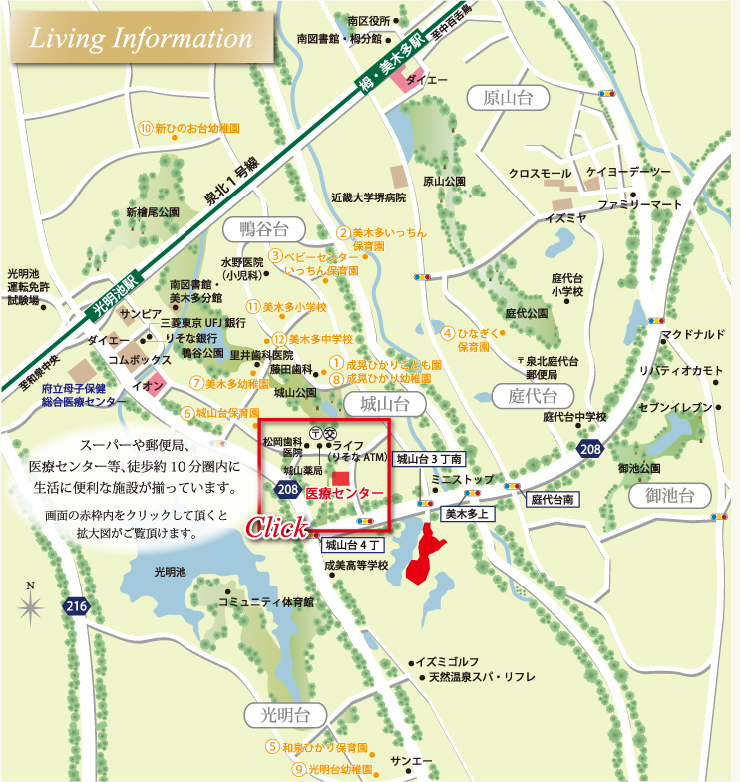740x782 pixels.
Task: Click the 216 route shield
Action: (x=77, y=606)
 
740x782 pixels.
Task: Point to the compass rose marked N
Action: (x=31, y=604)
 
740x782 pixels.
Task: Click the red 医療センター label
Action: (x=343, y=494)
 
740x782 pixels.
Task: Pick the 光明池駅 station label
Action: (x=110, y=293)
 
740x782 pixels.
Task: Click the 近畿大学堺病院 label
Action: (x=368, y=197)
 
